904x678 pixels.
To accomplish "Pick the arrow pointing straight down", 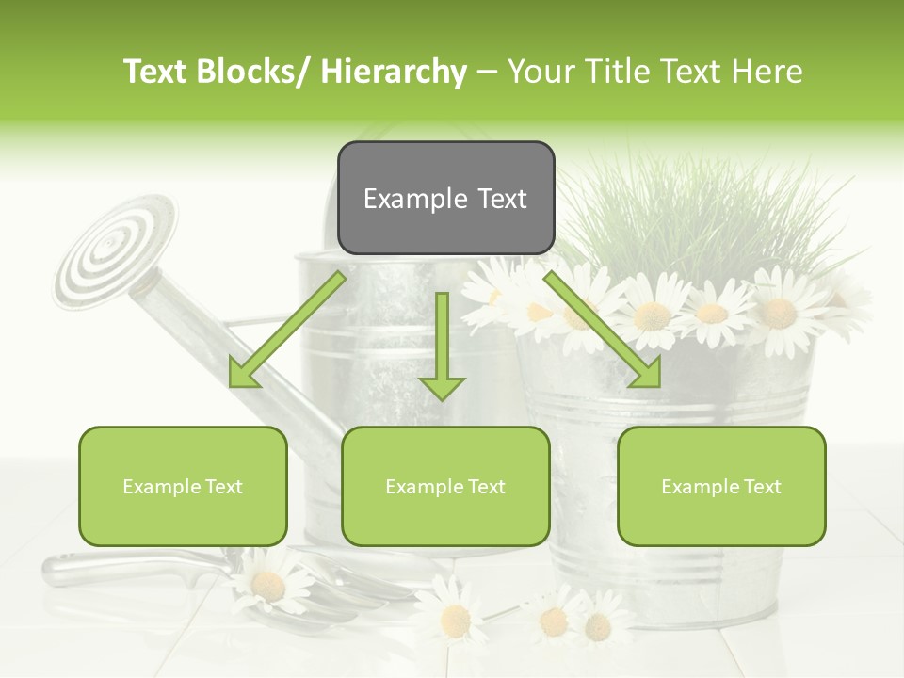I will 442,348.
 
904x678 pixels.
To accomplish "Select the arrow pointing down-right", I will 604,330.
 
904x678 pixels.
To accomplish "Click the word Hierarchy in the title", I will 393,72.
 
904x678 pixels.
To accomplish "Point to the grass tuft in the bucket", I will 697,217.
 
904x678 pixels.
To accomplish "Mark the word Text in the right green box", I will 762,487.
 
